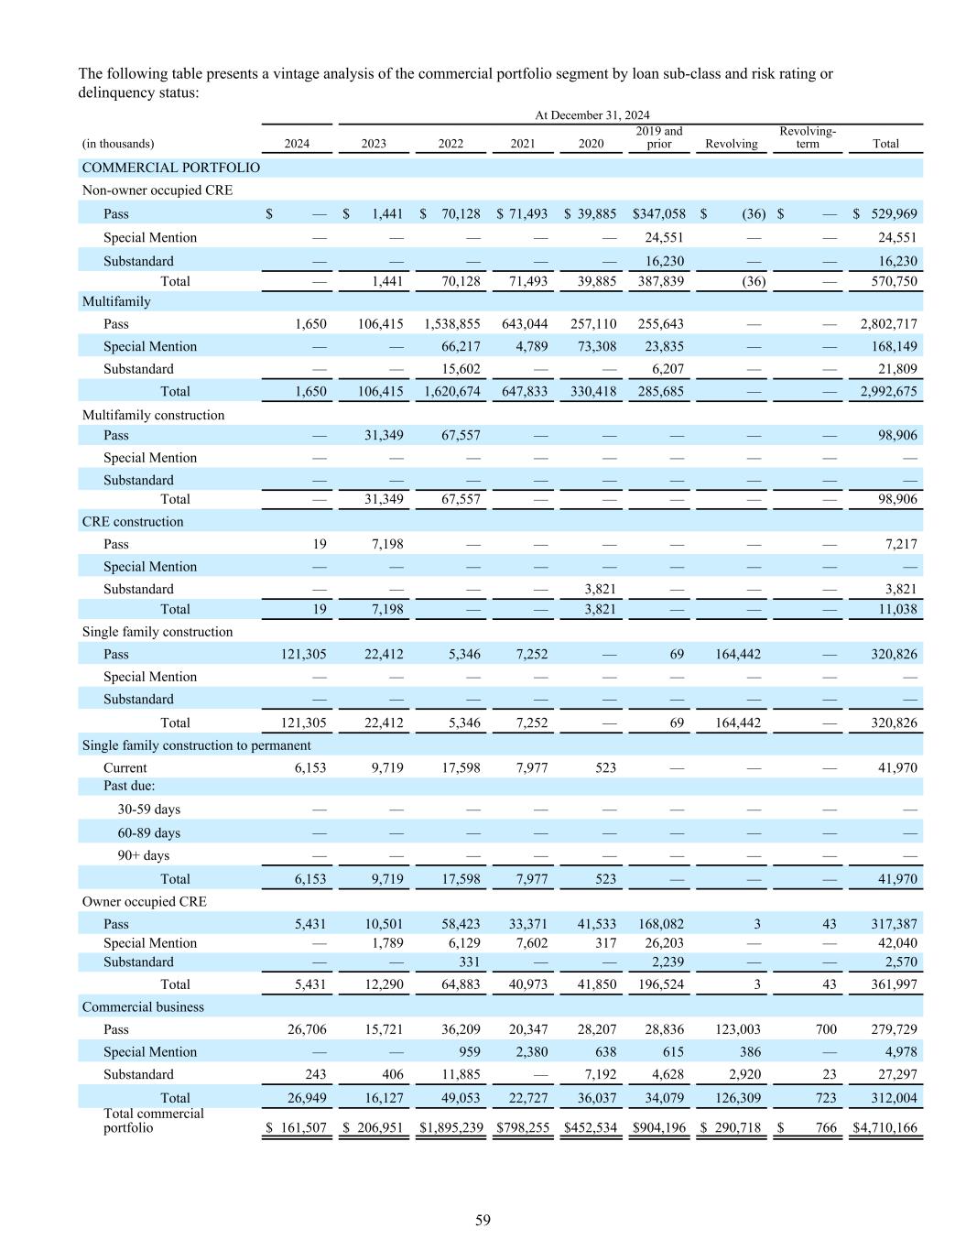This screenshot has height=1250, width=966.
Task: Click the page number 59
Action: pyautogui.click(x=483, y=1220)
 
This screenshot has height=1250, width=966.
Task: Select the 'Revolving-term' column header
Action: pyautogui.click(x=807, y=137)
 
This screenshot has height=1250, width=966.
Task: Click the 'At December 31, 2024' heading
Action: pyautogui.click(x=592, y=115)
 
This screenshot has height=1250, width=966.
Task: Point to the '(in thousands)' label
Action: pyautogui.click(x=118, y=144)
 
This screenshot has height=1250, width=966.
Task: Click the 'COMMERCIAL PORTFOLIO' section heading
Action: pyautogui.click(x=171, y=168)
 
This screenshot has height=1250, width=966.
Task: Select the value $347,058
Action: pyautogui.click(x=658, y=214)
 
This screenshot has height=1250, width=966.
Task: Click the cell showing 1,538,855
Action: pyautogui.click(x=451, y=324)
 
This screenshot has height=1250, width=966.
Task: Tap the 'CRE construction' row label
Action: pyautogui.click(x=133, y=522)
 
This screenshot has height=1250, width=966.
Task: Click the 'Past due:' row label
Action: pyautogui.click(x=129, y=787)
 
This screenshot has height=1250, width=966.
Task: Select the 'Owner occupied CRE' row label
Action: pyautogui.click(x=145, y=902)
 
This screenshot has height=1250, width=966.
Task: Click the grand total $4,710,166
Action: pyautogui.click(x=885, y=1128)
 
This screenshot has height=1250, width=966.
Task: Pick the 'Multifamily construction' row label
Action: pyautogui.click(x=153, y=416)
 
